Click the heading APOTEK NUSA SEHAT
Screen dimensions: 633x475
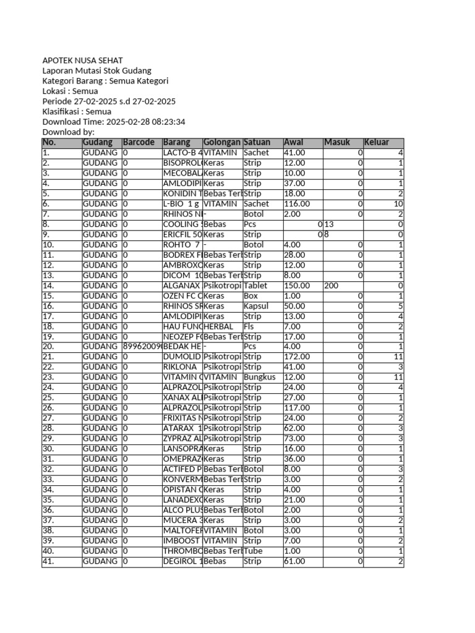point(82,61)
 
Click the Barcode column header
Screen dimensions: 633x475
point(138,142)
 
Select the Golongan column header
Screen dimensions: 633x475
point(222,142)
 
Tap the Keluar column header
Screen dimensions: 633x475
point(377,142)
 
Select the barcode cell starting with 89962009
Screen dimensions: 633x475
point(142,347)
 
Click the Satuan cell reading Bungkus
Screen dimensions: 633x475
point(259,377)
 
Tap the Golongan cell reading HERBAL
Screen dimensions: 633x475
point(218,326)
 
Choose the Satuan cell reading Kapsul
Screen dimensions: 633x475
point(256,306)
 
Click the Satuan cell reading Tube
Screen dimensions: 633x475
point(254,551)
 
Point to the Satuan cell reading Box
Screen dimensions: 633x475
point(250,295)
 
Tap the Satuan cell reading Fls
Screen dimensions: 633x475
point(249,326)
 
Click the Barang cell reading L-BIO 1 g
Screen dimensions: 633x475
point(180,203)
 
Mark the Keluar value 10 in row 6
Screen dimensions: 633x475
point(398,203)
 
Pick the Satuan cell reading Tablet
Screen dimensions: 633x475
point(256,286)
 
